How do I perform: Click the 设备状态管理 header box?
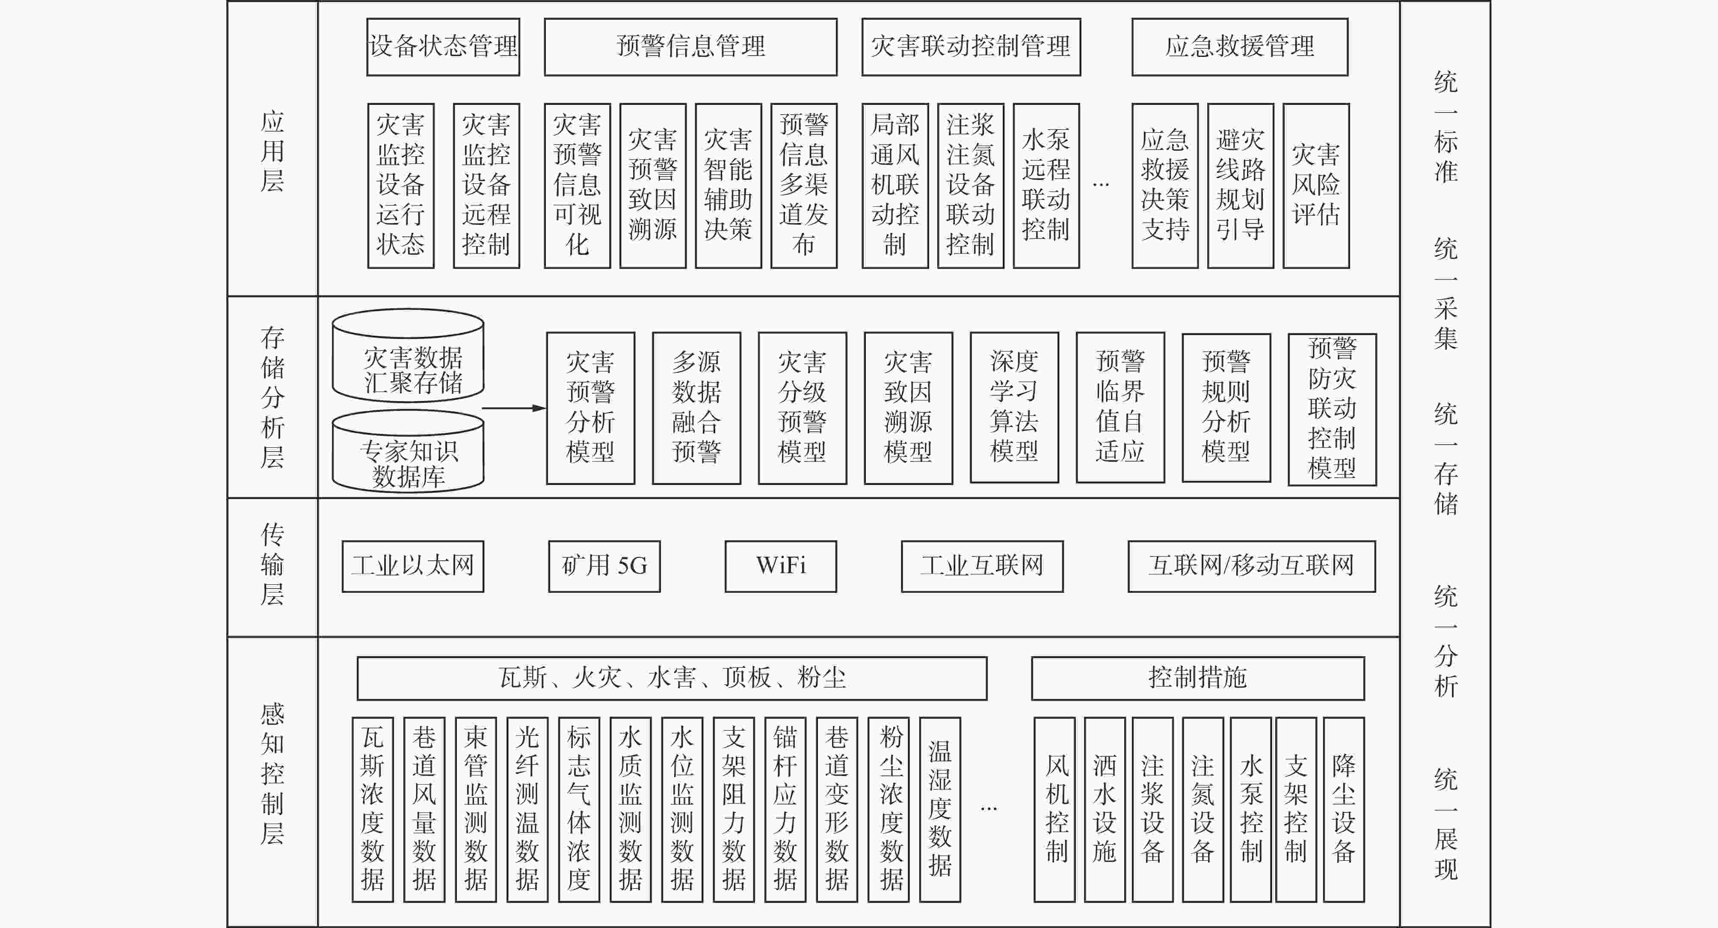pos(443,47)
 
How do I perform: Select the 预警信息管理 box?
pos(690,47)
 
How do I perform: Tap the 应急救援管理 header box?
pos(1240,47)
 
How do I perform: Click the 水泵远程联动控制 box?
pos(1046,185)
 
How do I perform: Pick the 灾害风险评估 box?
pos(1316,185)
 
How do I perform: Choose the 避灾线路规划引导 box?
pos(1241,185)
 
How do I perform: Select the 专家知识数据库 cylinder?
pos(408,451)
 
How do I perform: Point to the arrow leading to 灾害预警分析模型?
pos(513,407)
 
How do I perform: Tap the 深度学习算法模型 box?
pos(1014,407)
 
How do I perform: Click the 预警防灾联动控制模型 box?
pos(1332,409)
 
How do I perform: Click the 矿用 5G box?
pos(604,566)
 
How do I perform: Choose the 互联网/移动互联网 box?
pos(1251,566)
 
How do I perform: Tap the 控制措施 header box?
pos(1198,678)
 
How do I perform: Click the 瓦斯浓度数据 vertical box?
pos(373,810)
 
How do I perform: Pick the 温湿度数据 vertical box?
pos(940,810)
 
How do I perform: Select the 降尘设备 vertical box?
pos(1344,810)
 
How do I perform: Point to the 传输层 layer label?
pos(272,565)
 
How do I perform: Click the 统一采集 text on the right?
pos(1446,294)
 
